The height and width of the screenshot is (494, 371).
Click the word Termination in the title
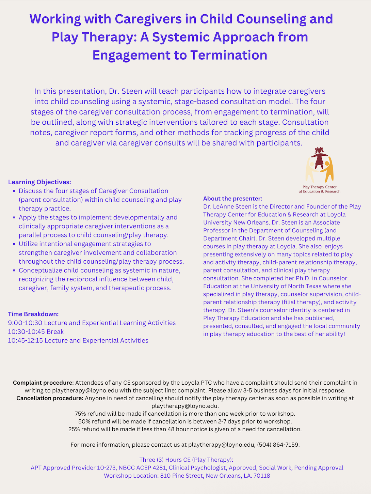pyautogui.click(x=229, y=55)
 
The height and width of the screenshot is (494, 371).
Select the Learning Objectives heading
pyautogui.click(x=39, y=182)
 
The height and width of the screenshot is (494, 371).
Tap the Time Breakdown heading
pyautogui.click(x=33, y=314)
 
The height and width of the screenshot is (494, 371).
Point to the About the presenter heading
pyautogui.click(x=232, y=199)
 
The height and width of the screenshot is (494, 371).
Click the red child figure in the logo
pyautogui.click(x=319, y=158)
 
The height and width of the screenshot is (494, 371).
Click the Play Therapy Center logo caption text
pyautogui.click(x=319, y=189)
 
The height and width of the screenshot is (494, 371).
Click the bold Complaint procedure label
pyautogui.click(x=43, y=383)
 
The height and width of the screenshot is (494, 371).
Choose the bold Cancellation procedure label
pyautogui.click(x=50, y=398)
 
